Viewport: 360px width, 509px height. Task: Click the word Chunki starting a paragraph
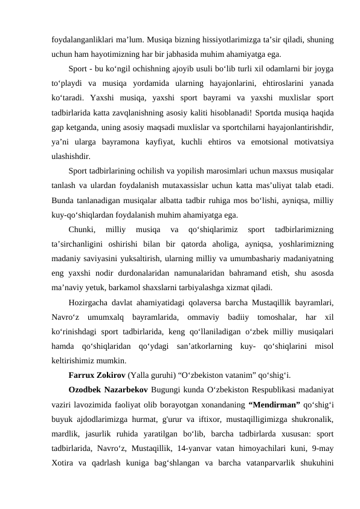(x=82, y=228)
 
